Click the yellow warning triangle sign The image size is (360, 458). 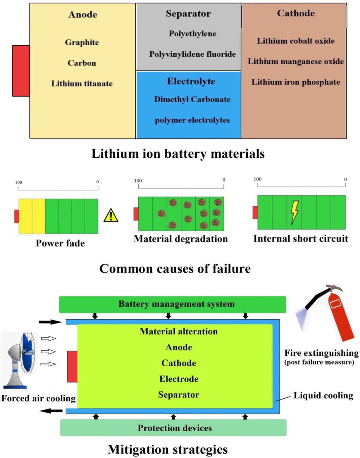tap(111, 216)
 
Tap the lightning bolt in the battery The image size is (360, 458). tap(294, 212)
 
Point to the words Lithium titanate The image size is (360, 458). tap(82, 84)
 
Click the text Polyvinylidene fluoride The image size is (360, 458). tap(192, 54)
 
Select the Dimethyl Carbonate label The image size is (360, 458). tap(192, 99)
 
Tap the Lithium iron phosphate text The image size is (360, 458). tap(296, 82)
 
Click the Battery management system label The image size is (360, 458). tap(176, 304)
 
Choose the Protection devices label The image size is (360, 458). tap(175, 428)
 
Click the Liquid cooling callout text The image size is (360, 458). tap(323, 395)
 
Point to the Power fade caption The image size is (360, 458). tap(60, 243)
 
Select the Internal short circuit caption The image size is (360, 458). tap(301, 239)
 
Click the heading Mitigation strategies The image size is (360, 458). tap(168, 449)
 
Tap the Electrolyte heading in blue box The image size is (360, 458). tap(191, 81)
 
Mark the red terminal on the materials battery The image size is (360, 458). tap(21, 71)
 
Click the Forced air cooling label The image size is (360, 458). tap(38, 398)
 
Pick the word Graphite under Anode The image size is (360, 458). tap(82, 42)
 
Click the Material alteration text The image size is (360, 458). tap(178, 331)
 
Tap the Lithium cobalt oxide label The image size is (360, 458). tap(296, 41)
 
